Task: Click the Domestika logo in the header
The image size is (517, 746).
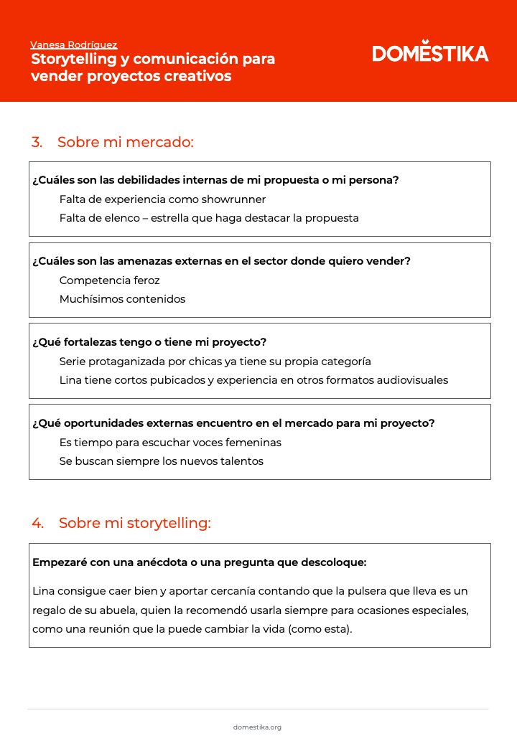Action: pos(430,53)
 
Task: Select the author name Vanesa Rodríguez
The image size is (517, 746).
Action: pos(74,44)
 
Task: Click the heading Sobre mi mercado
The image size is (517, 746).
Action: pos(126,142)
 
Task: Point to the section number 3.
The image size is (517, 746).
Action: pos(37,142)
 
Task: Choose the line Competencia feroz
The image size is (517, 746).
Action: pos(109,280)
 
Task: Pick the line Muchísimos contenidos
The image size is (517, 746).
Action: pos(122,299)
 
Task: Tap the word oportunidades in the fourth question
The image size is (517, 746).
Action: pos(95,423)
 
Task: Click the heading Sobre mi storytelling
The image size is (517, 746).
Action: pos(134,523)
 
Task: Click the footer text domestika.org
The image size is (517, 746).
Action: pos(257,727)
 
